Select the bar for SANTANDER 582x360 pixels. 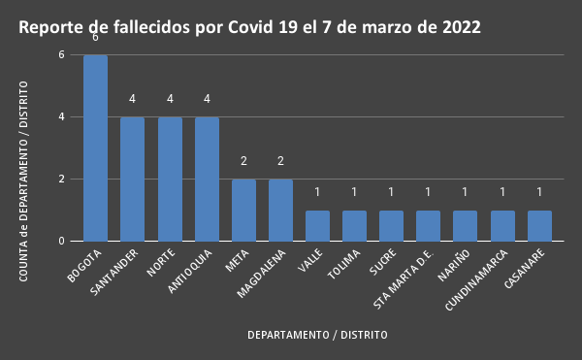pos(132,179)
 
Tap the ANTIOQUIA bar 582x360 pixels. pos(207,179)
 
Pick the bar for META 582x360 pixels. pos(243,210)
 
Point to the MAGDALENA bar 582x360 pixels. pos(280,210)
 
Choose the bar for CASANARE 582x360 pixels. pos(539,225)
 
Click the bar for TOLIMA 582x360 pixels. pos(354,225)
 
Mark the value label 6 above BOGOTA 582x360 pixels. pos(95,38)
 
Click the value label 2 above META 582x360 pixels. pos(243,161)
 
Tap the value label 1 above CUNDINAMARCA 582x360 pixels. pos(502,192)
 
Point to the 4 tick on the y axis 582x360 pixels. pos(61,117)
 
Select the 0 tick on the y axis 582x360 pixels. pos(61,241)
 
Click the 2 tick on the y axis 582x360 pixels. pos(61,180)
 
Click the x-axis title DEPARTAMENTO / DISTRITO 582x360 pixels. pos(317,335)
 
